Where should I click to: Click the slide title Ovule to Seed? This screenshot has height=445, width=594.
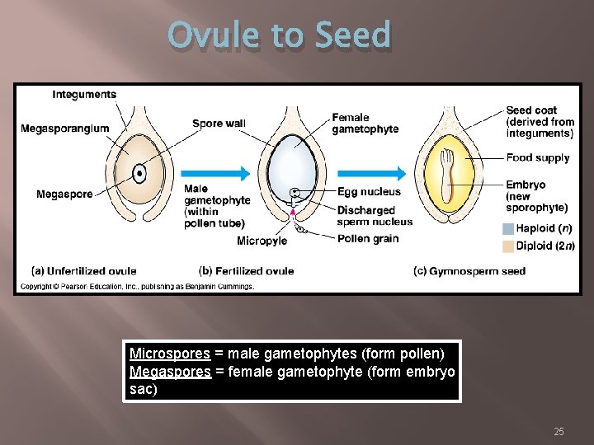pos(279,36)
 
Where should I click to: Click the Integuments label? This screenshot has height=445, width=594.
pos(84,95)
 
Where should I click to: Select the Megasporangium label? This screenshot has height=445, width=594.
pos(64,129)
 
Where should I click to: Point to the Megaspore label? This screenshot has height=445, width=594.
pos(64,194)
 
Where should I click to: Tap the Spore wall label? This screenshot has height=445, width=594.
pos(219,124)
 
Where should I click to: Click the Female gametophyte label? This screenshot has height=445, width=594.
pos(365,123)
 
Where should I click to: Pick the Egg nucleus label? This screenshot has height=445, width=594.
pos(369,192)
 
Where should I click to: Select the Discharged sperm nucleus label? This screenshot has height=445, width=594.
pos(375,216)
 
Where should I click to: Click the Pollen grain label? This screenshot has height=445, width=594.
pos(367,239)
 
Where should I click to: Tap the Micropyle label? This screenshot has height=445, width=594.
pos(262,241)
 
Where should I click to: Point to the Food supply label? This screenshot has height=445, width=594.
pos(538,157)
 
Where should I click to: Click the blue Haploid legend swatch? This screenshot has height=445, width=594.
pos(507,228)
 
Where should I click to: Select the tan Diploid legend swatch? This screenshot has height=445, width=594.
pos(507,246)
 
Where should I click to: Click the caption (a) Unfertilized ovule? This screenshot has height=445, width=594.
pos(84,271)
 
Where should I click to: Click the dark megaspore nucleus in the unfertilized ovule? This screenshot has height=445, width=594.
pos(140,174)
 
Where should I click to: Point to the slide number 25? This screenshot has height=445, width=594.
pos(559,432)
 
